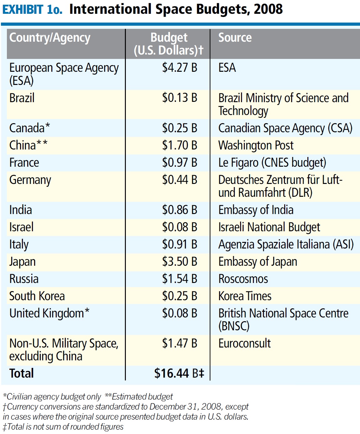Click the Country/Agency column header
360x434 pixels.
pos(50,38)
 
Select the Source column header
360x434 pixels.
pos(235,38)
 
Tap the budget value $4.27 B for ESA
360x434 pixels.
pos(179,68)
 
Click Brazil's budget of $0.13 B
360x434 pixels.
pos(179,98)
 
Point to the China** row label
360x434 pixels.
pos(28,145)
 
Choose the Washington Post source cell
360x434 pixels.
pos(256,145)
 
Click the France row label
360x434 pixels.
pos(24,163)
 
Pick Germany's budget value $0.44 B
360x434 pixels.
pos(179,180)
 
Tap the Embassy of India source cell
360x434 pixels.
pos(256,210)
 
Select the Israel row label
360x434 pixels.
pos(21,227)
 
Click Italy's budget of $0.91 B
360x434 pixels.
pos(179,244)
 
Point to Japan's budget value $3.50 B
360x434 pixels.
pos(179,262)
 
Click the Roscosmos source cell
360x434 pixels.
pos(243,279)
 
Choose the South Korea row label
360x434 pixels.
pos(37,296)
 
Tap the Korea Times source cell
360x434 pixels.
pos(245,296)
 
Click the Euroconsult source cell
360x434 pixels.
pos(244,343)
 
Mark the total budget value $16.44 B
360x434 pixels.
pos(179,374)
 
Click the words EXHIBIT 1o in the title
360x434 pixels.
pos(32,9)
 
